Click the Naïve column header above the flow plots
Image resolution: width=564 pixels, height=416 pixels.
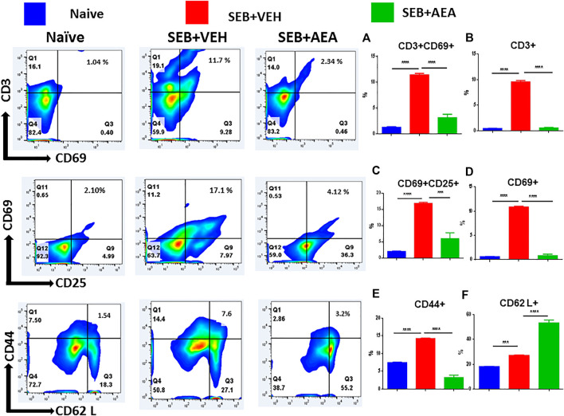point(69,37)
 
